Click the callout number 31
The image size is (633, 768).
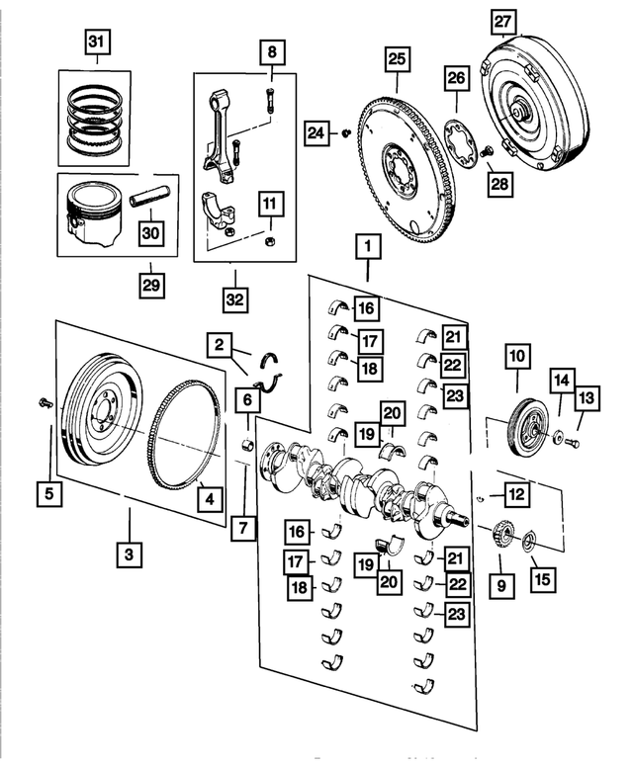click(x=97, y=43)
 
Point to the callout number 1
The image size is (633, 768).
click(x=367, y=243)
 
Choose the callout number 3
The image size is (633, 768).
click(x=128, y=555)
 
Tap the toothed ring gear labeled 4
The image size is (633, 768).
click(x=184, y=435)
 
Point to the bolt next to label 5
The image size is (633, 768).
click(x=45, y=402)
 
